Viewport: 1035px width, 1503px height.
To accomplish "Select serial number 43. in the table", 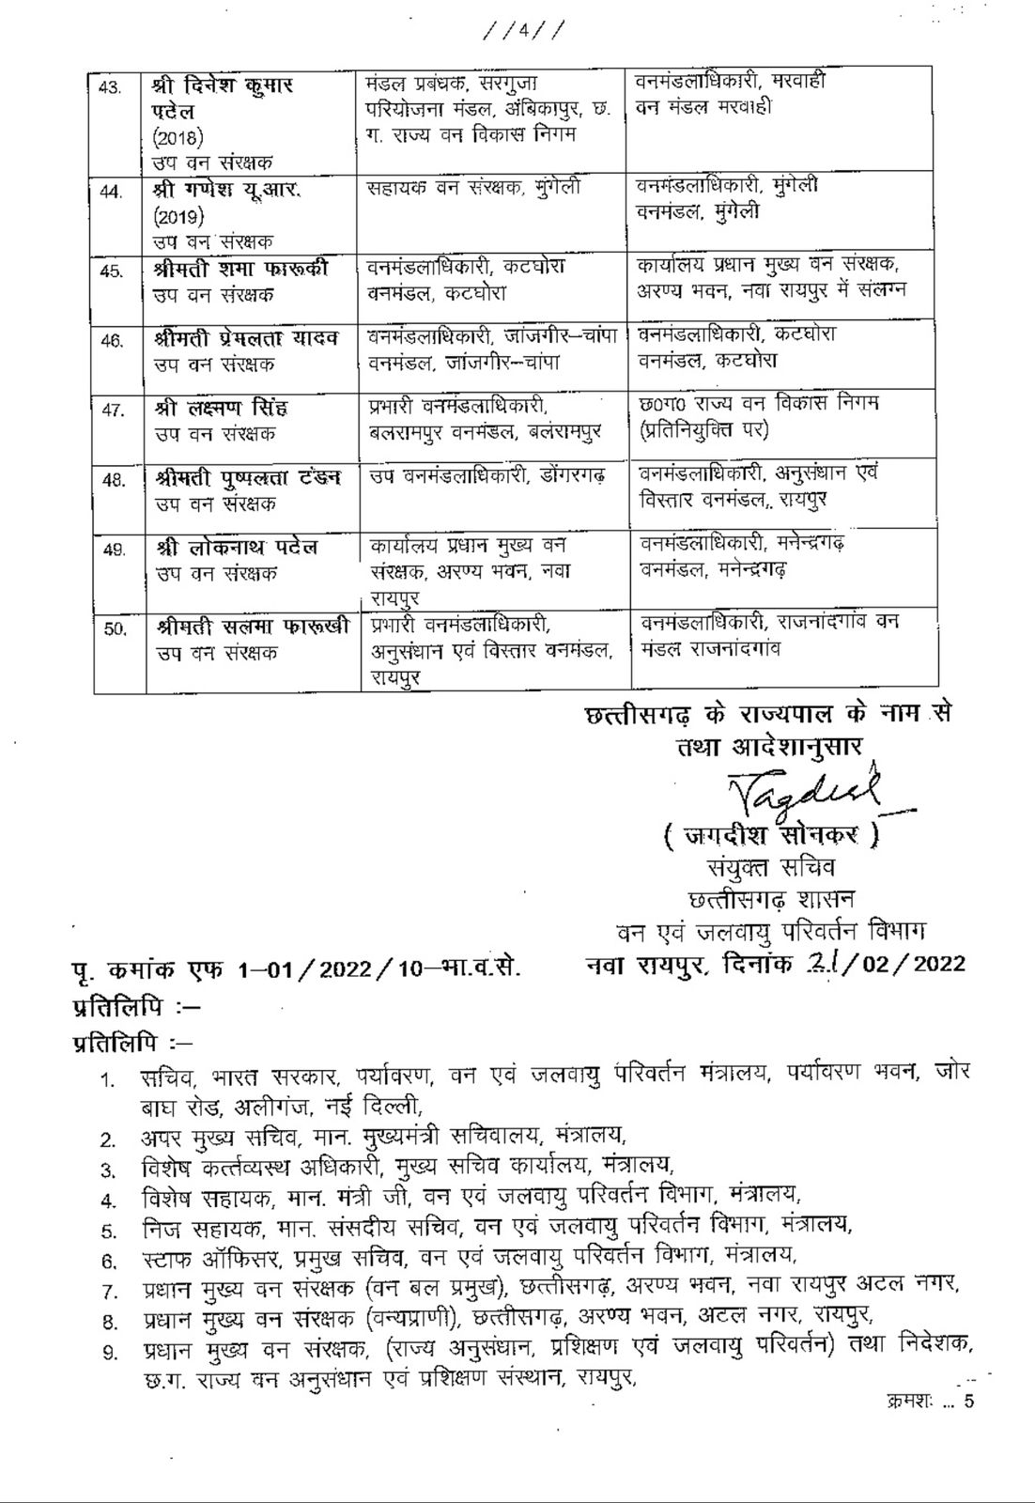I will [111, 87].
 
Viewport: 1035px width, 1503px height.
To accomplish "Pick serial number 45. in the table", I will [111, 271].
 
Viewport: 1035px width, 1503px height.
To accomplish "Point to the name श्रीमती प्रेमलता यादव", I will [248, 337].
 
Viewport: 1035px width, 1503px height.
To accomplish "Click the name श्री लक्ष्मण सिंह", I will [222, 409].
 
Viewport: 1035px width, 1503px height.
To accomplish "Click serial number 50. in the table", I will [115, 629].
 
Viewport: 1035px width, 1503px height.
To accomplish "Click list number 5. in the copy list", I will [110, 1229].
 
